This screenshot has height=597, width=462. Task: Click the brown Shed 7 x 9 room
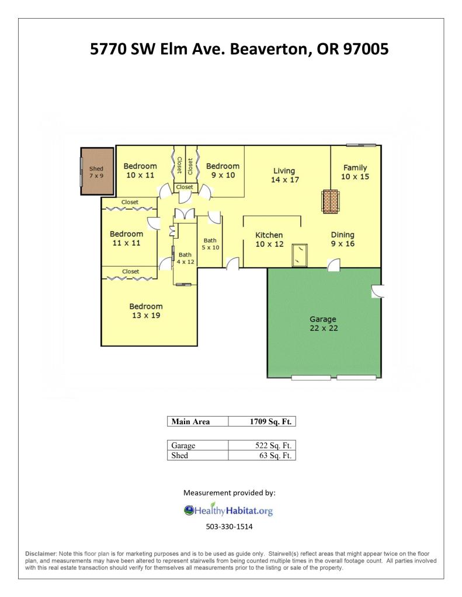(97, 172)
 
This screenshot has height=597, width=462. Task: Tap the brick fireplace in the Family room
(331, 201)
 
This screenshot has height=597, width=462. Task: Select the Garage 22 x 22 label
(323, 324)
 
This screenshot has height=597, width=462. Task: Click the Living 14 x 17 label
(285, 175)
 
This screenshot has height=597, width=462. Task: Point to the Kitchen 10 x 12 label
(269, 239)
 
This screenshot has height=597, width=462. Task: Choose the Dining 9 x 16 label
(342, 239)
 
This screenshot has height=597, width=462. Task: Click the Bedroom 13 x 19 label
(146, 310)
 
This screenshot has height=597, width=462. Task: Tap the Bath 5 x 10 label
(210, 244)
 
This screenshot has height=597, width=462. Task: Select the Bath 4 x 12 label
(185, 258)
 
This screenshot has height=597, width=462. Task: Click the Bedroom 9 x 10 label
(223, 170)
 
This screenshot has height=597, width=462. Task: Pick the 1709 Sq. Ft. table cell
(262, 421)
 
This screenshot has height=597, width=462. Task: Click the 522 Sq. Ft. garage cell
(262, 445)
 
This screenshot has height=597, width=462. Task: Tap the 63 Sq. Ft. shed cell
(262, 455)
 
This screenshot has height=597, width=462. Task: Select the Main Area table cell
(198, 421)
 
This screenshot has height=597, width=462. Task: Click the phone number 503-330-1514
(229, 526)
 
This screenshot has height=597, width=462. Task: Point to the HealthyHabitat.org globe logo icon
(189, 510)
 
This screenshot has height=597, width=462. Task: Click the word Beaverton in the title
(269, 49)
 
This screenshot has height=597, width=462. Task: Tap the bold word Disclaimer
(41, 554)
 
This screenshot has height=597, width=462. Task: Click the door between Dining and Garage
(334, 264)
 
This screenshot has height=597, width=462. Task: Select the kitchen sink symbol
(300, 255)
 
